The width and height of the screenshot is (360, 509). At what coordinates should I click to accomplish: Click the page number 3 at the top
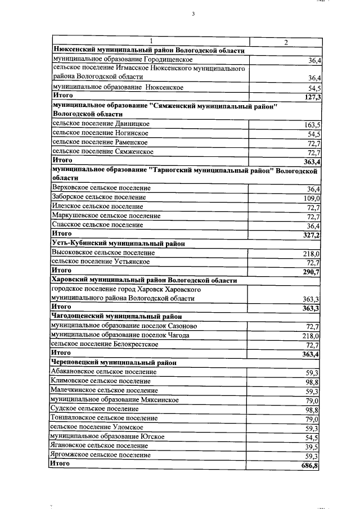tap(192, 15)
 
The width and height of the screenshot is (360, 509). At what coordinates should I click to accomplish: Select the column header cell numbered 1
tap(151, 42)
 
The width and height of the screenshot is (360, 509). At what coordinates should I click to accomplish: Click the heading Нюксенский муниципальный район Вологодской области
tap(148, 51)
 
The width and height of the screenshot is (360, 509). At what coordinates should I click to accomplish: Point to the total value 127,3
tap(311, 97)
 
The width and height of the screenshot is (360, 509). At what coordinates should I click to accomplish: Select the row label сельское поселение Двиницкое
tap(100, 124)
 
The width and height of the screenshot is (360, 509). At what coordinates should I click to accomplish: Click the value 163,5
tap(311, 125)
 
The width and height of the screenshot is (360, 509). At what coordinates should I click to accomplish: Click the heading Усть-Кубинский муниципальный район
tap(118, 243)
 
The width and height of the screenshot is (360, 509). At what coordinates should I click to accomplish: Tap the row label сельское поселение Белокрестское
tap(105, 344)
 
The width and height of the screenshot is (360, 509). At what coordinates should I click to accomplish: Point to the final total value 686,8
tap(310, 465)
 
